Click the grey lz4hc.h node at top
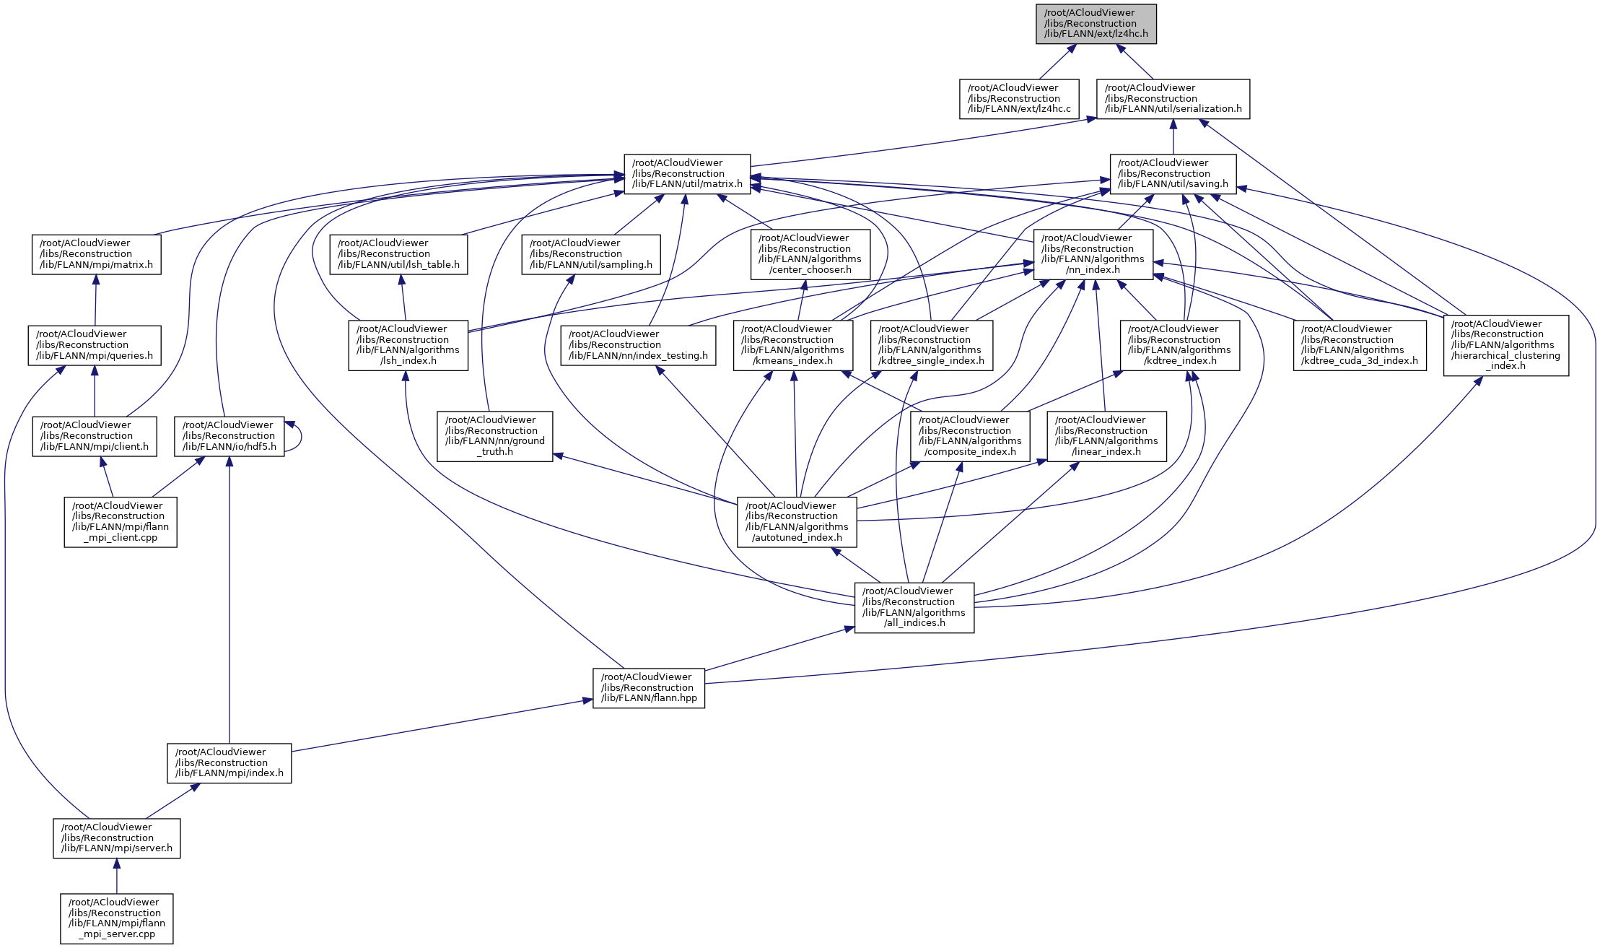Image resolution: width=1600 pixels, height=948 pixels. [1096, 24]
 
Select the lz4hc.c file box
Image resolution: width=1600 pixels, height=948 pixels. [1019, 99]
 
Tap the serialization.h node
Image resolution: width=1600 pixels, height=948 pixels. [1173, 99]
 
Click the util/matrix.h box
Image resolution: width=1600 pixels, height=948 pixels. [687, 174]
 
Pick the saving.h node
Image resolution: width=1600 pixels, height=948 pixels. [1173, 174]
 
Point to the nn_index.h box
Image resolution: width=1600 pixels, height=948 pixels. [1093, 254]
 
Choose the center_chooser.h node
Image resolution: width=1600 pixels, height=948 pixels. [810, 254]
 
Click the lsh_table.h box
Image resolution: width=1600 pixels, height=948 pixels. [398, 254]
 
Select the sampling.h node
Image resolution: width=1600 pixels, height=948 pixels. [591, 254]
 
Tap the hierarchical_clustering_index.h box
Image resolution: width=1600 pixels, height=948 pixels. [1505, 345]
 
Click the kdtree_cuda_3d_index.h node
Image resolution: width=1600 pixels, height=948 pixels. [1359, 345]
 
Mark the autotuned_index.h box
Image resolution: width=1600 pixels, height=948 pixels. [797, 521]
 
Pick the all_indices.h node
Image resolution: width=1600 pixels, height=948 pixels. [914, 607]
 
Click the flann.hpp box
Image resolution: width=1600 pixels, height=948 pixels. [649, 688]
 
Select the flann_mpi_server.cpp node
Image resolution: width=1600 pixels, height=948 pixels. [117, 918]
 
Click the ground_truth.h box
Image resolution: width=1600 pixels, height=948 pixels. [494, 436]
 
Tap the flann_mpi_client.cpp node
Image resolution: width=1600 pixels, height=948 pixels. [121, 521]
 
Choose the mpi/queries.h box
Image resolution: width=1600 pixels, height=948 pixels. [95, 345]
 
